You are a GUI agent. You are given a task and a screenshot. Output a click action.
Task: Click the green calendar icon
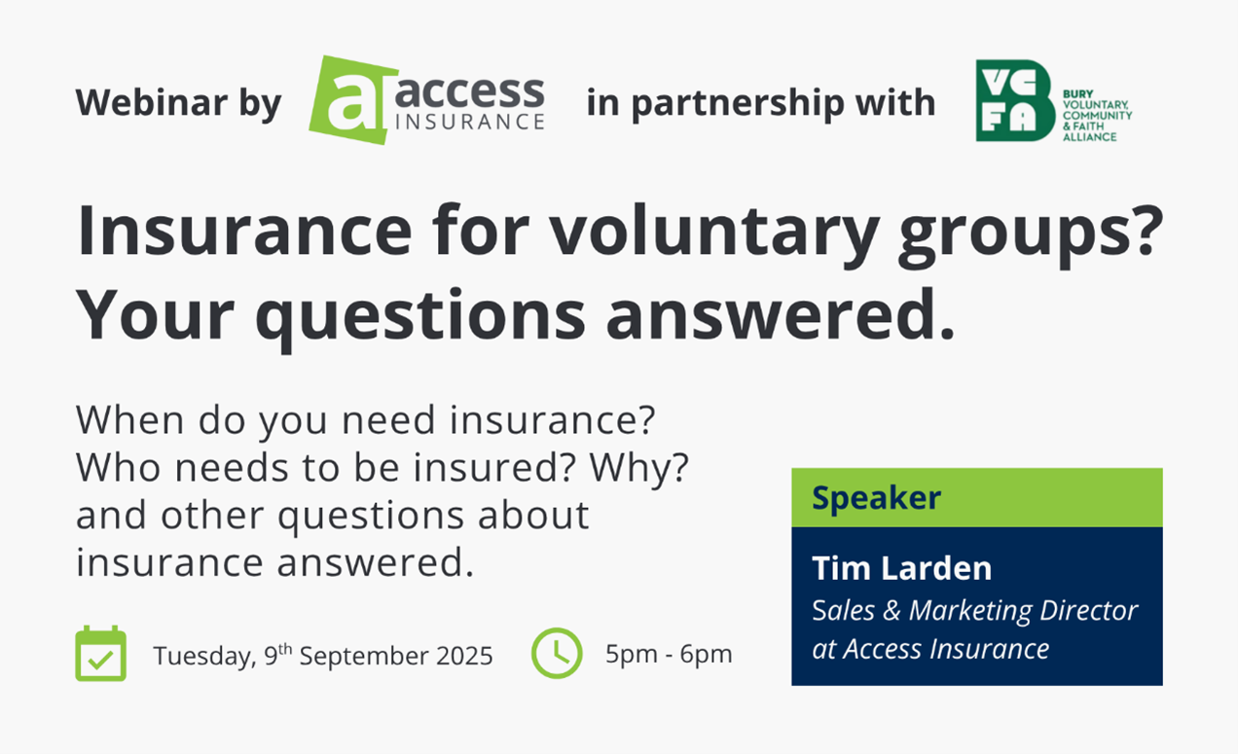(100, 654)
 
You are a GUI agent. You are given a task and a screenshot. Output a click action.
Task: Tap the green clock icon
(557, 653)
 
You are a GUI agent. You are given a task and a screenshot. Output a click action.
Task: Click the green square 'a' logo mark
(352, 100)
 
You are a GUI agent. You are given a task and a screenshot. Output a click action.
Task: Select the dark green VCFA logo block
(1015, 100)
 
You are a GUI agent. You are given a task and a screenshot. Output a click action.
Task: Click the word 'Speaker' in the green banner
(876, 498)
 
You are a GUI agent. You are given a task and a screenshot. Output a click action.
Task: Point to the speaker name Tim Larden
(902, 568)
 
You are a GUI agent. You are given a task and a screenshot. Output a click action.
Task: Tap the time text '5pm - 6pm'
(669, 654)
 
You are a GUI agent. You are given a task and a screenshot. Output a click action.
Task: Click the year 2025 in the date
(464, 656)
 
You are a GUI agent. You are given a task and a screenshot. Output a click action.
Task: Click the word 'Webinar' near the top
(152, 102)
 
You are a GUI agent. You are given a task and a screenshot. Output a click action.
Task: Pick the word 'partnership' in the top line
(738, 103)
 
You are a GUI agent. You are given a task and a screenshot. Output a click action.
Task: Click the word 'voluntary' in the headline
(714, 231)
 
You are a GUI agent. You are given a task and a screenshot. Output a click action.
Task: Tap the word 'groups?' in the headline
(1031, 232)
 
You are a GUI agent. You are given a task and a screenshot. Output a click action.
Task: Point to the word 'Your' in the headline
(155, 315)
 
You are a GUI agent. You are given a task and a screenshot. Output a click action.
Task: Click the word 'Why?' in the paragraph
(639, 468)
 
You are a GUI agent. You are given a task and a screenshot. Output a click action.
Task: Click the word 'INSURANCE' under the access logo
(470, 122)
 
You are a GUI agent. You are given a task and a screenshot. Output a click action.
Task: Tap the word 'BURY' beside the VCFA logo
(1077, 94)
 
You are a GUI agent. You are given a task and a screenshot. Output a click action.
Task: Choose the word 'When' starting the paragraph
(129, 420)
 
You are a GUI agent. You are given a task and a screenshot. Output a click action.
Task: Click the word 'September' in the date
(364, 657)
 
